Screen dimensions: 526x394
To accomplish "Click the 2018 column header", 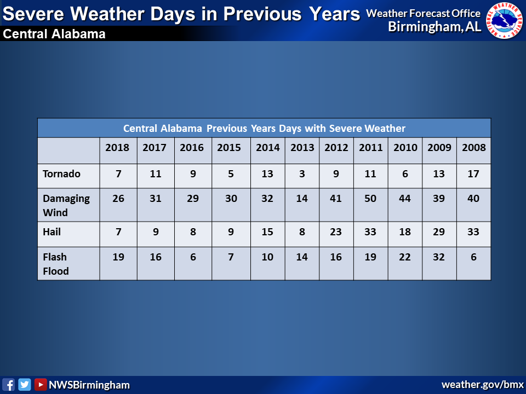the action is point(117,147).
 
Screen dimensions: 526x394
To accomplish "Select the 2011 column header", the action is point(371,147).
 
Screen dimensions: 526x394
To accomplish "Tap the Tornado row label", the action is point(62,173).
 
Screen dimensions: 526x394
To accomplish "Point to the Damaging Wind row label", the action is point(66,205).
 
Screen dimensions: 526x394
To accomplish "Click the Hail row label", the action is point(52,231).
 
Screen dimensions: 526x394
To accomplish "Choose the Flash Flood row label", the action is point(56,264).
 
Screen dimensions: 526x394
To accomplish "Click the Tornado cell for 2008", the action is point(473,173).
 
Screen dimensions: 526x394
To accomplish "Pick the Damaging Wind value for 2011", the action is point(370,198).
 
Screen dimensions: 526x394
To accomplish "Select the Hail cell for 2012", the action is point(336,231).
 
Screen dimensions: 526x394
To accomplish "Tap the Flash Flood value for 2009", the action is point(439,257).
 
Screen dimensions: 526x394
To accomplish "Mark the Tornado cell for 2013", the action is point(302,173).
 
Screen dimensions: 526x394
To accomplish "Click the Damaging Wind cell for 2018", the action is point(118,198).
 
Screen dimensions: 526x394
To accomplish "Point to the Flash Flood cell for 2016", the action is point(193,257).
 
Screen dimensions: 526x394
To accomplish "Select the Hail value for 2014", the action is point(267,231).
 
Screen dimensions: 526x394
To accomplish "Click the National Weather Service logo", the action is point(505,21).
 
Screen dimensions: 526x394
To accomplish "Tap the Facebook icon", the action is point(8,385).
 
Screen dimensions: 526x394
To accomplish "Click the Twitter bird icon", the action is point(25,385).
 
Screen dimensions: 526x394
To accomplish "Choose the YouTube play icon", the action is point(40,385).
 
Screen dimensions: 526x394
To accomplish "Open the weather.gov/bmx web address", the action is point(483,384).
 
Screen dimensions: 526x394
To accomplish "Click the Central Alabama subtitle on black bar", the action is point(54,34).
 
